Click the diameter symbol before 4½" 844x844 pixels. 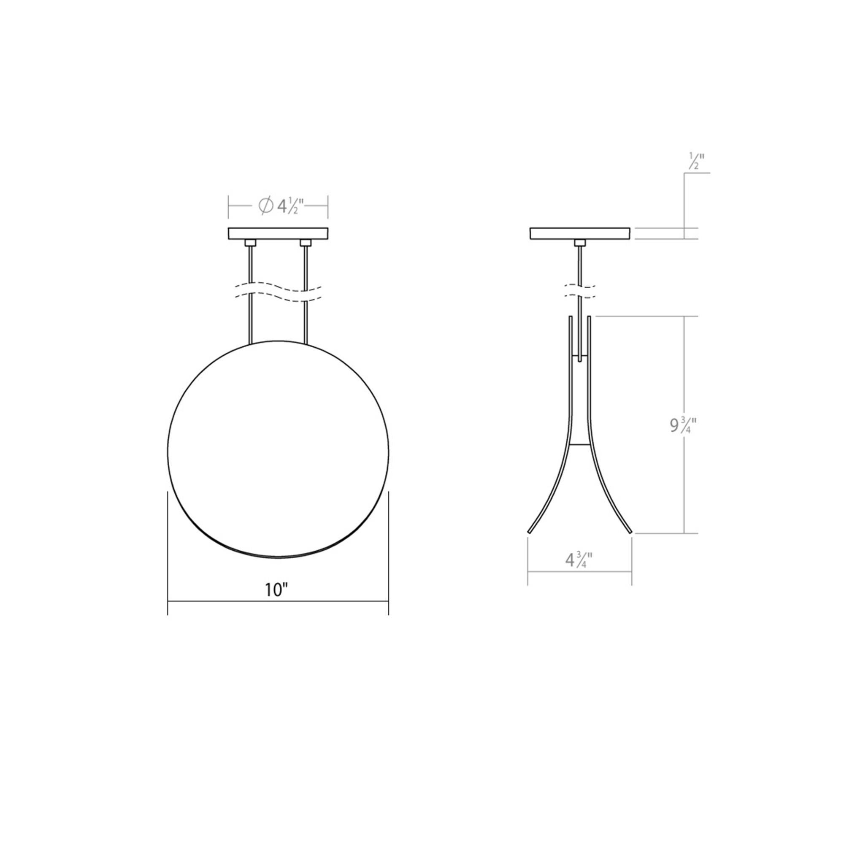(x=265, y=206)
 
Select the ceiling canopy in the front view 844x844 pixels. (x=278, y=233)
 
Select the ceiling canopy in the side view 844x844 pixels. (x=580, y=233)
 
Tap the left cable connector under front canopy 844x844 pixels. (x=251, y=243)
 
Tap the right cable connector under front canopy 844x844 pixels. (x=306, y=243)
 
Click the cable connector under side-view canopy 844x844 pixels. (x=580, y=243)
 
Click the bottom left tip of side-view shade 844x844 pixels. (x=530, y=532)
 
